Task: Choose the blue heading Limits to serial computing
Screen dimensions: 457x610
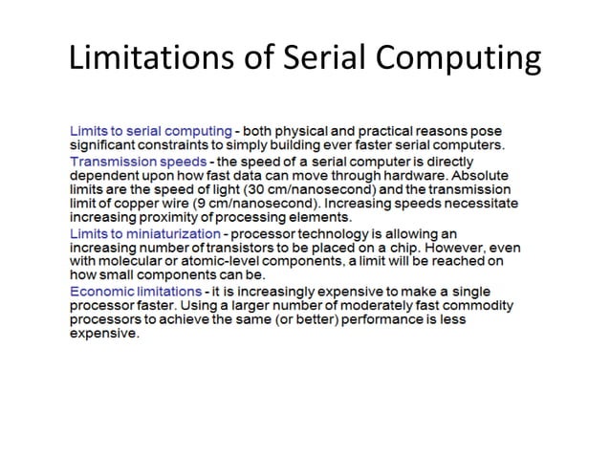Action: [x=150, y=130]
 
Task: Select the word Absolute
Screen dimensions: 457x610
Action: [x=484, y=175]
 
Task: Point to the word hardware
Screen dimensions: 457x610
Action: [x=422, y=175]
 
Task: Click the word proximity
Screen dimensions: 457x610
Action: [x=168, y=218]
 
